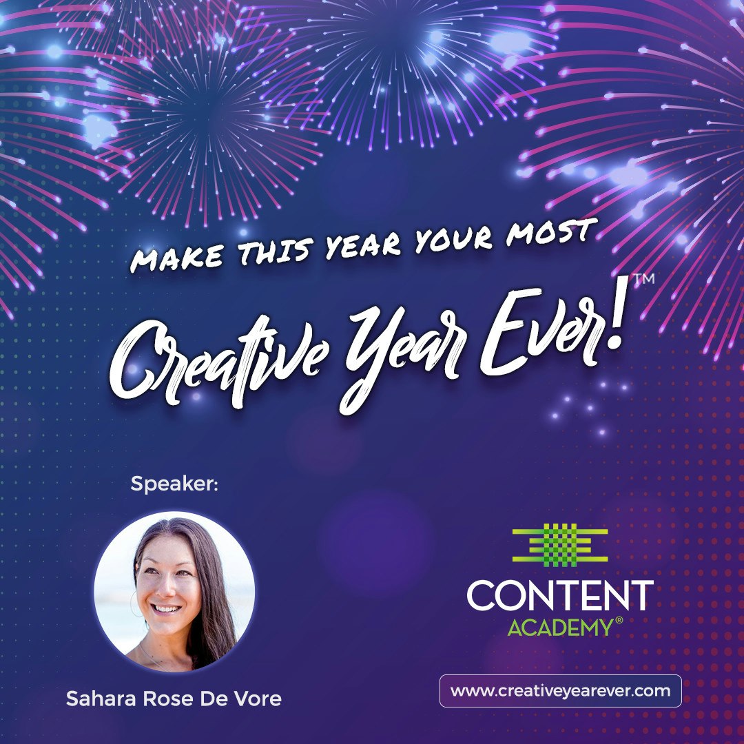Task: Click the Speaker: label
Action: tap(174, 484)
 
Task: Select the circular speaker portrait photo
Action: tap(174, 592)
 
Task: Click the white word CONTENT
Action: tap(559, 596)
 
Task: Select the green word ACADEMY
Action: tap(559, 628)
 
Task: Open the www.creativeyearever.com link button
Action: tap(560, 691)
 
